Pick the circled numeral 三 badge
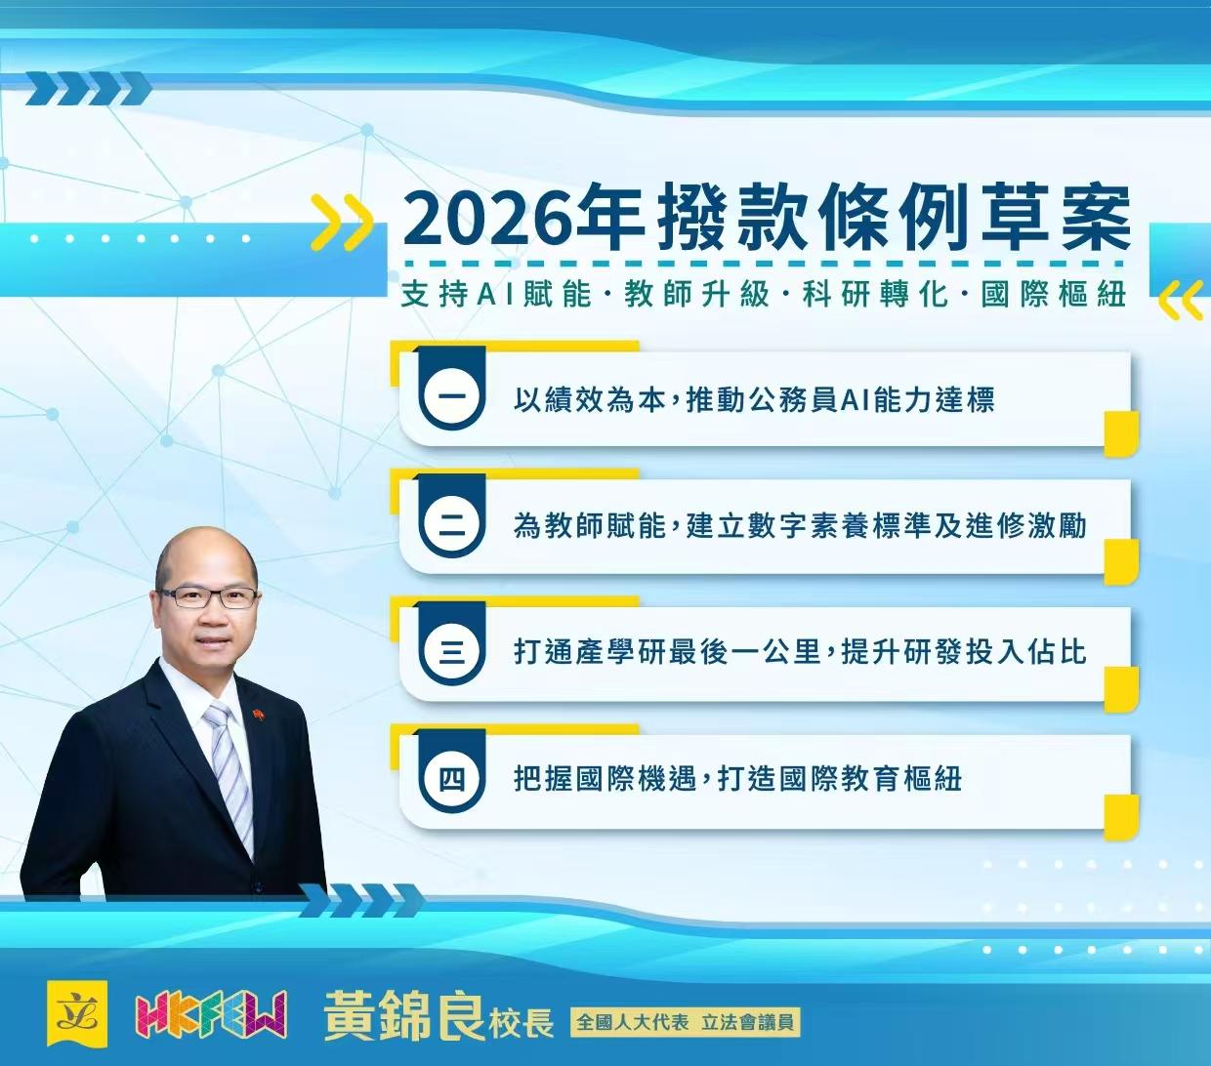451,652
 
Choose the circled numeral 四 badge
451,779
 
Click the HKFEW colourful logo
211,1015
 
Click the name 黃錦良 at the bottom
404,1015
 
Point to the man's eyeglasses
208,596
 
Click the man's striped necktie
230,771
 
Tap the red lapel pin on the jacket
259,716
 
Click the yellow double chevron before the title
341,223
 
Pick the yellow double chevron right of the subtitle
1180,301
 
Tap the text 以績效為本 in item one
590,400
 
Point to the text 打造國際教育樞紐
840,779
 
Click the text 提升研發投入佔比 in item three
963,652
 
